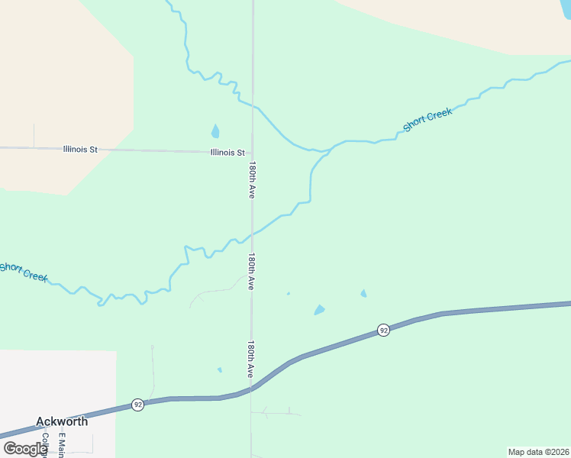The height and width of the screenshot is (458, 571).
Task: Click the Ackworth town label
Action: [62, 421]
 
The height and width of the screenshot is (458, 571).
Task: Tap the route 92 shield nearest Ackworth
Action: [137, 405]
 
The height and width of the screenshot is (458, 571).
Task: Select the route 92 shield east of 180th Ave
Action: [383, 330]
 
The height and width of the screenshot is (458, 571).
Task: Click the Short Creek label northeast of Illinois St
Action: [427, 120]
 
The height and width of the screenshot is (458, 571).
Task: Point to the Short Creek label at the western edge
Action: [23, 270]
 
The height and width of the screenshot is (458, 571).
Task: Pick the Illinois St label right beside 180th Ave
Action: [227, 153]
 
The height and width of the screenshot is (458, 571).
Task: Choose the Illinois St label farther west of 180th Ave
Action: [80, 150]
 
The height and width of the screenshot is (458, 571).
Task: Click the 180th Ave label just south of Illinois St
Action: [251, 179]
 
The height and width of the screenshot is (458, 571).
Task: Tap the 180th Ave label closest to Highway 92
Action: [250, 360]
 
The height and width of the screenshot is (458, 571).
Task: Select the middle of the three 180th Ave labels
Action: [250, 272]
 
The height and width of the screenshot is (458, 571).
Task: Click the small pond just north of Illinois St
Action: [215, 131]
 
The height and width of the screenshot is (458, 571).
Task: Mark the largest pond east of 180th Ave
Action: [319, 310]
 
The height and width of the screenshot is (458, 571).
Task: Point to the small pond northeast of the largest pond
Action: [363, 293]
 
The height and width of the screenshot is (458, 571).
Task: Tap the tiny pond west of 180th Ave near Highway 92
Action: [220, 370]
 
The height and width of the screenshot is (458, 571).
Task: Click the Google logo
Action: [25, 449]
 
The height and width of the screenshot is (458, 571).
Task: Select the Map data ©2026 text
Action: [538, 452]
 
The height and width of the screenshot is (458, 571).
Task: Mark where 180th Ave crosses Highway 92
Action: [251, 389]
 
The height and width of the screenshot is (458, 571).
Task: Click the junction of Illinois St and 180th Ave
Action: [253, 152]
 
